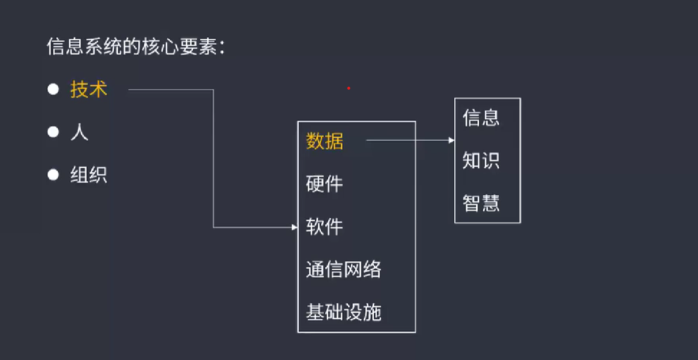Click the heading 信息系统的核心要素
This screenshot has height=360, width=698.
136,48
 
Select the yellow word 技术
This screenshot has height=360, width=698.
89,90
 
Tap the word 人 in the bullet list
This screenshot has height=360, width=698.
80,133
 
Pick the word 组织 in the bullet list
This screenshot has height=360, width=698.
89,175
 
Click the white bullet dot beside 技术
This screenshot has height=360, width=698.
53,90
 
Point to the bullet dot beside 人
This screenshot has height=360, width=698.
53,133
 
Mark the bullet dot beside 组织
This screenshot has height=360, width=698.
53,175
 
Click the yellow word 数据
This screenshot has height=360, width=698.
325,141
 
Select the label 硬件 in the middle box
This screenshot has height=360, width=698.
325,184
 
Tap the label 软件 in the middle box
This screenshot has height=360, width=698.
325,226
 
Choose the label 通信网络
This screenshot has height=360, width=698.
344,269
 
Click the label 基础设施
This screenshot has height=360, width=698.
344,312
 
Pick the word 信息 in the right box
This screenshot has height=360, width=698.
481,118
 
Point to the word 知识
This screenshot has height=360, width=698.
481,161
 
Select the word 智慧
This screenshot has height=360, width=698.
481,203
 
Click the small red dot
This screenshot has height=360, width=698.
349,88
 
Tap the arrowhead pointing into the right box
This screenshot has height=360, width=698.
452,140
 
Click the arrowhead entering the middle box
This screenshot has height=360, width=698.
295,227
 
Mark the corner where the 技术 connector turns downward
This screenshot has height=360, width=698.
213,90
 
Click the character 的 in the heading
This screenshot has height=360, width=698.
135,48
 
